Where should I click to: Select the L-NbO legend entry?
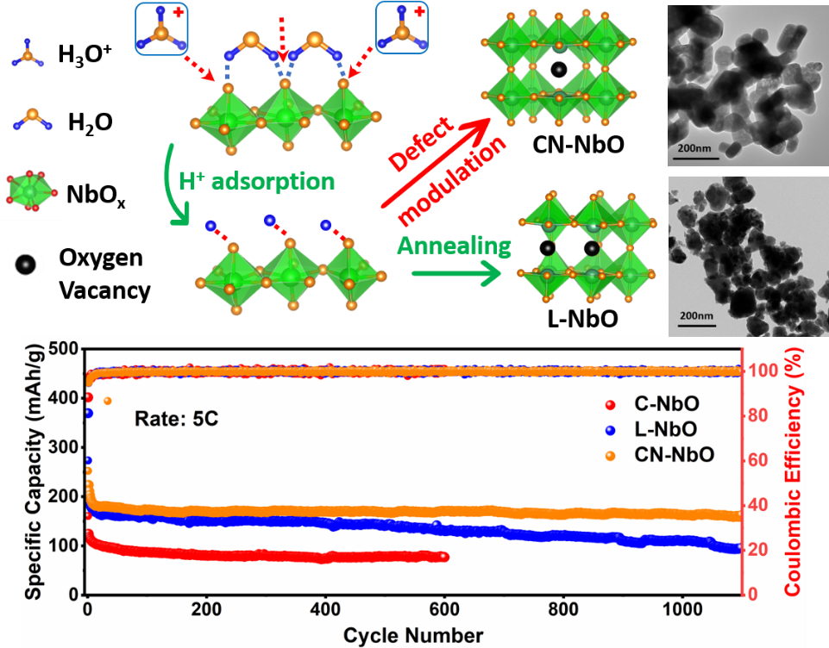click(665, 429)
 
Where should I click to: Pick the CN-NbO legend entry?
click(672, 454)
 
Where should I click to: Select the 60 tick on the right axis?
click(757, 460)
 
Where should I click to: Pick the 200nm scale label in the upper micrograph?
click(695, 148)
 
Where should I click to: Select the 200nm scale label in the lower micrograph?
click(695, 316)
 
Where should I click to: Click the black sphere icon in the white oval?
click(26, 263)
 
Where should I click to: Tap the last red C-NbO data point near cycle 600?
click(443, 557)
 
